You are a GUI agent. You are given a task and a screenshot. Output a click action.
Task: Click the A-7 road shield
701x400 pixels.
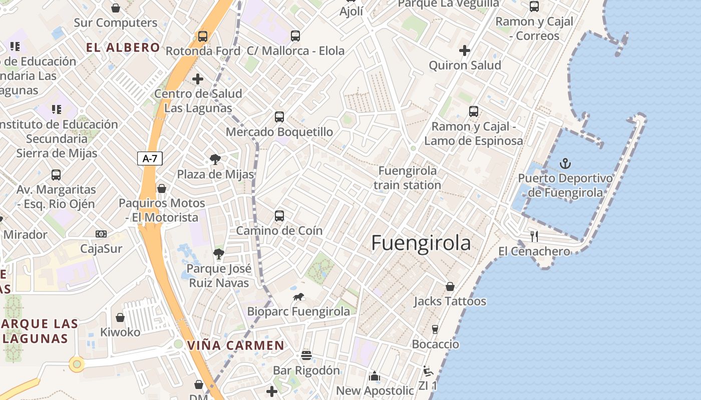(x=150, y=159)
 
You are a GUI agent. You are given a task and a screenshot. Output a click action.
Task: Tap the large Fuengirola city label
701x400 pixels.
(x=421, y=243)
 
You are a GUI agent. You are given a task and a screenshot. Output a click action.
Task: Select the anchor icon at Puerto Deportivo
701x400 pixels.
(x=565, y=163)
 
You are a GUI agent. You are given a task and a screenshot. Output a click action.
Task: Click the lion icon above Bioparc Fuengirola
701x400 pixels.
(x=298, y=297)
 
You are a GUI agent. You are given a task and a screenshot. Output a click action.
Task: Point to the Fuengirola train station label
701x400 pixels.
(x=407, y=177)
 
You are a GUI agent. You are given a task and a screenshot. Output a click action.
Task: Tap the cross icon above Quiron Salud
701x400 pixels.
(x=465, y=50)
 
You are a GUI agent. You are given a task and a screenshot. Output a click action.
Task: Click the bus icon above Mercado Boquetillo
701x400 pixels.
(x=279, y=117)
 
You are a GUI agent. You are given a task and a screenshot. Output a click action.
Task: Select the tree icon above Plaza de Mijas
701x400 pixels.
(x=215, y=159)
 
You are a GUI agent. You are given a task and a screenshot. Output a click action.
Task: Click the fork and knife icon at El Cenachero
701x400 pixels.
(x=534, y=236)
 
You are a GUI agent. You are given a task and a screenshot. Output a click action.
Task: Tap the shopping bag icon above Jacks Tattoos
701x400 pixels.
(x=450, y=286)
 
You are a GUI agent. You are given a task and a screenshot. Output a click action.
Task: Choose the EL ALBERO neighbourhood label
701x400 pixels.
(x=123, y=47)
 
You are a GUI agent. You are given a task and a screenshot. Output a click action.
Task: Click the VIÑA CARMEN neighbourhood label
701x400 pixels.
(x=235, y=345)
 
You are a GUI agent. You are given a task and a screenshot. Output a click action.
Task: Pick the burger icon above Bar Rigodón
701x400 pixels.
(x=306, y=355)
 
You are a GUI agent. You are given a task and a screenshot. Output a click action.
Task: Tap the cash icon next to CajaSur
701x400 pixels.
(x=101, y=234)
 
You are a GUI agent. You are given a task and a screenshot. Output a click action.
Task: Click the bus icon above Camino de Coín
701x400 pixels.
(x=279, y=216)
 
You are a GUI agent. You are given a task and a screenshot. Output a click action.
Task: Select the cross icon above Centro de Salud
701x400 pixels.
(x=198, y=79)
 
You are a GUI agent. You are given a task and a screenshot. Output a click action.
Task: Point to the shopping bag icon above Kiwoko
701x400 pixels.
(x=120, y=317)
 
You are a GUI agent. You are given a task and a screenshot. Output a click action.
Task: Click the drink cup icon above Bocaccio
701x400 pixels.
(x=435, y=329)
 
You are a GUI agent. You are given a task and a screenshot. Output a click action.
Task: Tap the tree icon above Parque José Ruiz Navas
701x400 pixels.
(x=218, y=254)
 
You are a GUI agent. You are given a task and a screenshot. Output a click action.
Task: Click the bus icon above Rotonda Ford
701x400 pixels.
(x=203, y=36)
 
